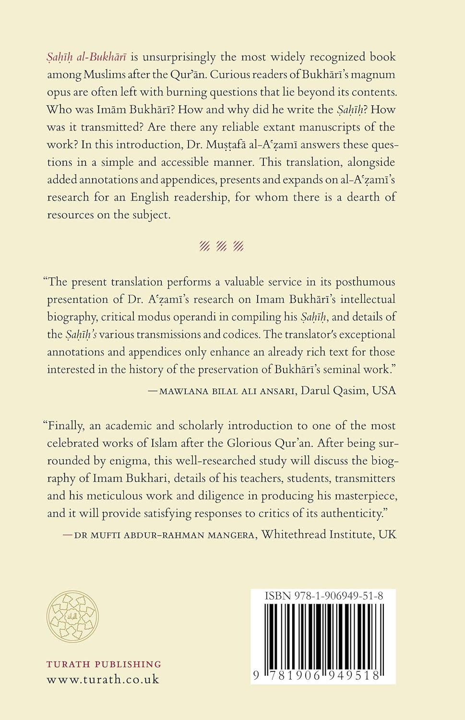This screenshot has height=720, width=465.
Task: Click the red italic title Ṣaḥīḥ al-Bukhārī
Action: click(x=86, y=57)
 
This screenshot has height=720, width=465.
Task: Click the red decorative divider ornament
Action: click(x=221, y=247)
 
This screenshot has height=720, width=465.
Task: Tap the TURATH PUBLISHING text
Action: click(x=104, y=664)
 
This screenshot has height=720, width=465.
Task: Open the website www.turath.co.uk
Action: click(x=103, y=679)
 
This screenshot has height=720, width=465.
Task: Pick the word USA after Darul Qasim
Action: click(x=384, y=390)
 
